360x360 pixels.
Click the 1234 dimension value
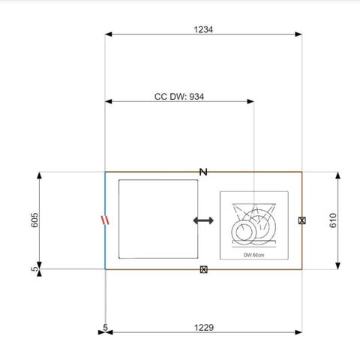coord(203,29)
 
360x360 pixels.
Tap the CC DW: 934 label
coord(179,97)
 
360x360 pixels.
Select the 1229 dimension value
coord(204,328)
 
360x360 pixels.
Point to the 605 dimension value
coord(34,220)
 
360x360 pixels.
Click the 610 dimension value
coord(333,220)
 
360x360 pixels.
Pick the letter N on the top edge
coord(203,172)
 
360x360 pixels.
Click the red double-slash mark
coord(105,220)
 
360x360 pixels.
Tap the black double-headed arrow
coord(203,220)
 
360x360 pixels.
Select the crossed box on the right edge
coord(302,220)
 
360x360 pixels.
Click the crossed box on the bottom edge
coord(204,269)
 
